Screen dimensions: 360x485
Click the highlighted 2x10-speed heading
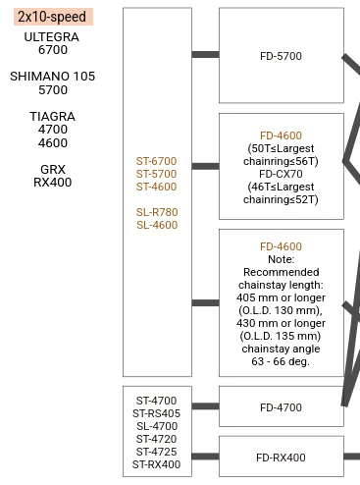[53, 17]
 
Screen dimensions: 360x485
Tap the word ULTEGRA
[52, 37]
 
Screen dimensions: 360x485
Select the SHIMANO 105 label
[52, 77]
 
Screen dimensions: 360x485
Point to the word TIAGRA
[53, 117]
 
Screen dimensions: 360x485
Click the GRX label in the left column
[53, 170]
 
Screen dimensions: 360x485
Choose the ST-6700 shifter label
[156, 161]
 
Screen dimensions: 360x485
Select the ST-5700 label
[156, 174]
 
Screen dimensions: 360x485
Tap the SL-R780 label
[157, 212]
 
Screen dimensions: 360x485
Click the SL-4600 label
[157, 225]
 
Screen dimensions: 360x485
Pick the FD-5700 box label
[281, 56]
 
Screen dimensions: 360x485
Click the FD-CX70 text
[281, 174]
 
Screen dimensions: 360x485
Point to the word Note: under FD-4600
[281, 259]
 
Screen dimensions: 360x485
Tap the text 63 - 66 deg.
[281, 361]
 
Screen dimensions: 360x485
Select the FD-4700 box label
[281, 407]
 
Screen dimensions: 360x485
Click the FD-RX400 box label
[281, 458]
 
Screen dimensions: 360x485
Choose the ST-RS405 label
[156, 413]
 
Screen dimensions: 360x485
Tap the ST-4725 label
[156, 452]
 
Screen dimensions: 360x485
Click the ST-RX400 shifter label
[156, 464]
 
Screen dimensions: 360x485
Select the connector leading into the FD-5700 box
[205, 54]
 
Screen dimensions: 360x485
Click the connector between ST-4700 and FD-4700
[205, 406]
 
